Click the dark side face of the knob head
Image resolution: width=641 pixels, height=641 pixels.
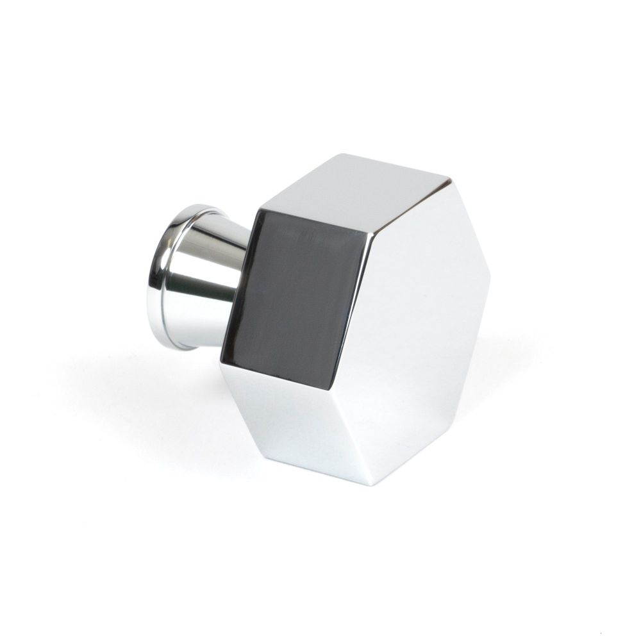click(301, 282)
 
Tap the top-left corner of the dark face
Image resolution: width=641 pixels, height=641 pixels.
click(259, 209)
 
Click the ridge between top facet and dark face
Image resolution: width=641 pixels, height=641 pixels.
click(314, 221)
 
